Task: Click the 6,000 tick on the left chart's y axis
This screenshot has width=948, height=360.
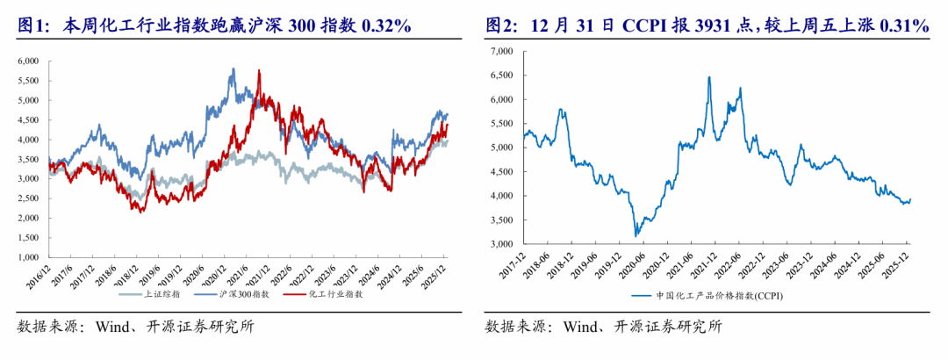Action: [28, 61]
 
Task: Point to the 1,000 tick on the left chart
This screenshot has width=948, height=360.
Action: [28, 258]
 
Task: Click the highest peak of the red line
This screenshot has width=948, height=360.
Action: [259, 70]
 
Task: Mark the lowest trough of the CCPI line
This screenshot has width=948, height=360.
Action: [636, 236]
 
